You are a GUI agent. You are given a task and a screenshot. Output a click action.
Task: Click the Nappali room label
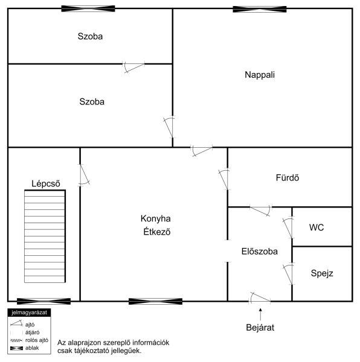click(260, 75)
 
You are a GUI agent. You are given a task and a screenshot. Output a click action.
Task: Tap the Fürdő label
click(288, 177)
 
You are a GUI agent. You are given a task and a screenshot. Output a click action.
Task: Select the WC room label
click(317, 227)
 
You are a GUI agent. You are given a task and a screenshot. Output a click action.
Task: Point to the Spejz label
click(322, 273)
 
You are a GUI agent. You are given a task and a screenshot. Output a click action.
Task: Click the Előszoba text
click(260, 251)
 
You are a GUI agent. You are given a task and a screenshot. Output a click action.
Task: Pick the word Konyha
click(155, 218)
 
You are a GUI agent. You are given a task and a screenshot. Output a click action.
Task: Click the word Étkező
click(157, 232)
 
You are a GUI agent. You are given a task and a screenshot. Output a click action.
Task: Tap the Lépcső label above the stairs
click(46, 183)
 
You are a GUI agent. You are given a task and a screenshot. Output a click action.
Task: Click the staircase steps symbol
click(45, 236)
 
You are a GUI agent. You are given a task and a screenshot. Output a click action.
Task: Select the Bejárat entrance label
click(260, 328)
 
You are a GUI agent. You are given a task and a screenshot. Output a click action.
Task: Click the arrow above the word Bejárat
click(260, 314)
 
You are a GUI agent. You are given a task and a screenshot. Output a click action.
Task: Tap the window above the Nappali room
click(260, 9)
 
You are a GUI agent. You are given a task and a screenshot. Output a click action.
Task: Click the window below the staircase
click(43, 301)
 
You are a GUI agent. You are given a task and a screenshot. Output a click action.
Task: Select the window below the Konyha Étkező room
click(155, 301)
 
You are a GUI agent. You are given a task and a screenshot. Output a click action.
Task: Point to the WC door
click(288, 227)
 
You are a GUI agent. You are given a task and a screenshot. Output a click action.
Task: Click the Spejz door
click(288, 274)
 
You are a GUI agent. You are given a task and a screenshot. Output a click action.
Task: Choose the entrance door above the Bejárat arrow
click(260, 298)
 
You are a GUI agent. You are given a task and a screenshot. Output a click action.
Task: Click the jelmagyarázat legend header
click(29, 313)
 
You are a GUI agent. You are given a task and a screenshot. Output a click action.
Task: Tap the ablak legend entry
click(24, 348)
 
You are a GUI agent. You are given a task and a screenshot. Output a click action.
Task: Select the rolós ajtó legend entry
click(29, 340)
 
